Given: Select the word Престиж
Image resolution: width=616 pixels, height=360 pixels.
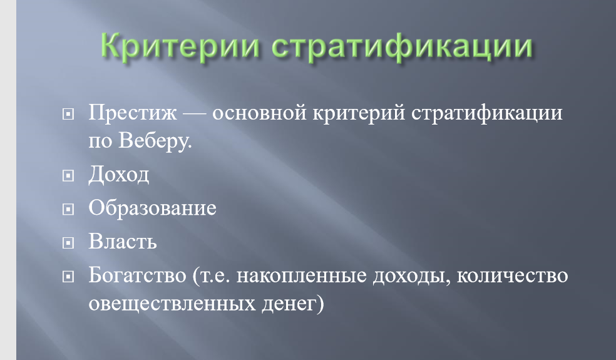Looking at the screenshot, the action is click(x=133, y=113).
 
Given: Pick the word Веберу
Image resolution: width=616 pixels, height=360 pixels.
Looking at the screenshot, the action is click(x=155, y=140).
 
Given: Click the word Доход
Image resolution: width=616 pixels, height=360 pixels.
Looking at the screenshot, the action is click(x=119, y=174).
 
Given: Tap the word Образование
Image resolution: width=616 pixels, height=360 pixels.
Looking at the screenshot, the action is click(x=152, y=207).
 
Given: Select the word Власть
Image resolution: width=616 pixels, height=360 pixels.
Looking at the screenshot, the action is click(x=123, y=241).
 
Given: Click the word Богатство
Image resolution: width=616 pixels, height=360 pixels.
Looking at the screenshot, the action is click(x=138, y=275).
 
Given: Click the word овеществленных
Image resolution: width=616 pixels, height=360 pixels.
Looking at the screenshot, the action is click(x=172, y=304).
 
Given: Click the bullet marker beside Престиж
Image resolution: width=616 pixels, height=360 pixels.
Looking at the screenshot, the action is click(x=68, y=114).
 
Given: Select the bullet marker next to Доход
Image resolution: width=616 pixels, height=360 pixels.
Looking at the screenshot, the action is click(x=68, y=175).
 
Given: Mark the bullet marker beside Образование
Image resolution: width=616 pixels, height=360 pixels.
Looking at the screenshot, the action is click(x=68, y=209).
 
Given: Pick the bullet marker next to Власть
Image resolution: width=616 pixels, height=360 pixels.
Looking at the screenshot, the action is click(x=68, y=242).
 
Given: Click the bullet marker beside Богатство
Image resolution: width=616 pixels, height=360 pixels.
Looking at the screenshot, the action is click(x=68, y=277).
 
